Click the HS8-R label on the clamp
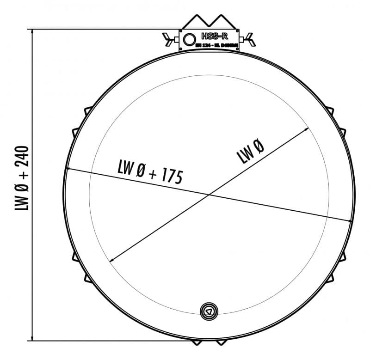(x=215, y=37)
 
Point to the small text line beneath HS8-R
(x=216, y=45)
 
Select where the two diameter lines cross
(x=209, y=194)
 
